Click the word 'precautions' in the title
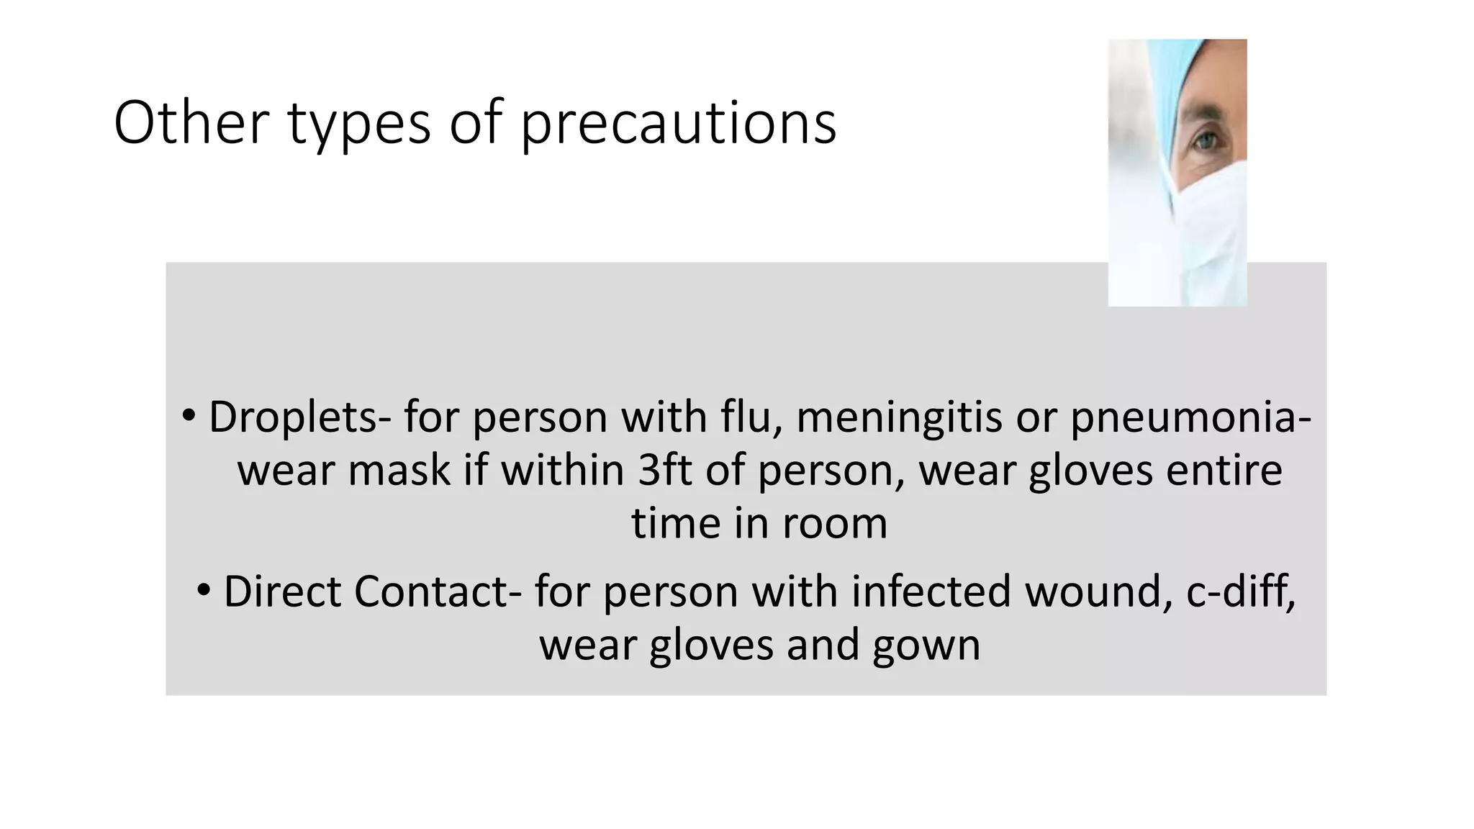click(x=678, y=124)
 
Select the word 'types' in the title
click(x=359, y=124)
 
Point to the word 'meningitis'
click(x=898, y=418)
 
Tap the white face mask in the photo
click(x=1209, y=216)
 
